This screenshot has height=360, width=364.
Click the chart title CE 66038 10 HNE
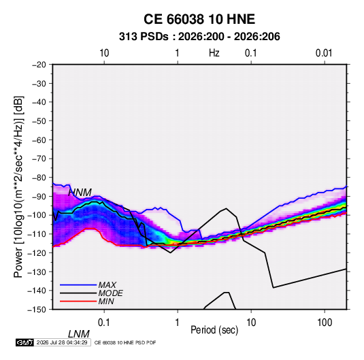199,19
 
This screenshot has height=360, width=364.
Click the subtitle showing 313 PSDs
199,37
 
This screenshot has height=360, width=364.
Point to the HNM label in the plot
80,193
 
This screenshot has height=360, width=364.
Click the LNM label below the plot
78,334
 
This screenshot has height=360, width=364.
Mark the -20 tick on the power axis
39,65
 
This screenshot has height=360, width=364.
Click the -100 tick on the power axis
37,215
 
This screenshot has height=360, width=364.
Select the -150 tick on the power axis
37,310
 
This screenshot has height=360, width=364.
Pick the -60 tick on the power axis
39,140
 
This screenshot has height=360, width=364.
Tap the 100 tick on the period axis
325,323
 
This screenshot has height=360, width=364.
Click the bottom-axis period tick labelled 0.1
103,323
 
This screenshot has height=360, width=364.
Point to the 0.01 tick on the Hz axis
324,53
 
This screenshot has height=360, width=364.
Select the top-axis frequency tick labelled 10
104,53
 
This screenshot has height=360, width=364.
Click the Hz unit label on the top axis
214,53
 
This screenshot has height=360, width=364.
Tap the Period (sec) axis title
214,330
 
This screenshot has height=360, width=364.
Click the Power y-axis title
18,187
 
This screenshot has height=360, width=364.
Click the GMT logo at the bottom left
24,342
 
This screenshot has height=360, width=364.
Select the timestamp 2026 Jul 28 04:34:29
62,342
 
